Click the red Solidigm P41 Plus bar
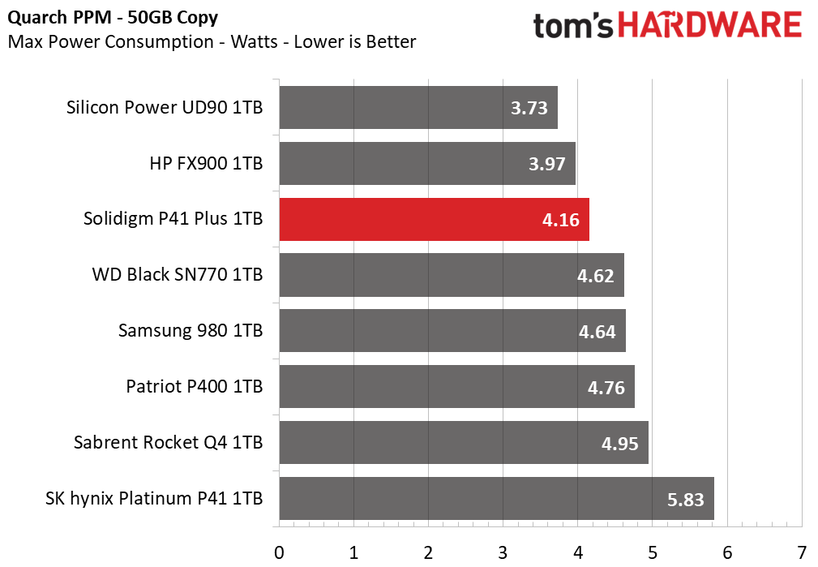(x=434, y=219)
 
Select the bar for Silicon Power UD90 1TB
(x=418, y=108)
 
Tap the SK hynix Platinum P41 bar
(x=497, y=499)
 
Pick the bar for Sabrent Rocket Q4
(x=464, y=443)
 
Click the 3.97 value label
(x=546, y=164)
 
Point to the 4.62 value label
(x=595, y=276)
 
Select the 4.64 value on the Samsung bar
(x=597, y=332)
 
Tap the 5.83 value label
(x=686, y=500)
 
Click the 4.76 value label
(x=606, y=388)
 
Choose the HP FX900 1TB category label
(x=206, y=163)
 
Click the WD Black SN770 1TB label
(x=178, y=275)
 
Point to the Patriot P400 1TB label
(x=194, y=386)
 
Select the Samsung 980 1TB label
(x=191, y=330)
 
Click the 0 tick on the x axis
(x=279, y=552)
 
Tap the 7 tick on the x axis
(x=802, y=552)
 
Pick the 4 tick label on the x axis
(x=577, y=552)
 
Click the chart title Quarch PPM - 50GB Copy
(x=113, y=18)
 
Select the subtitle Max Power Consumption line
(x=212, y=41)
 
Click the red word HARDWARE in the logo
(x=709, y=25)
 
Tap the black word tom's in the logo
(x=573, y=26)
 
